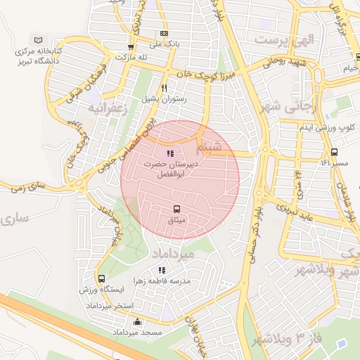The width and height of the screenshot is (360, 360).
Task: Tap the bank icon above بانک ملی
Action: click(164, 33)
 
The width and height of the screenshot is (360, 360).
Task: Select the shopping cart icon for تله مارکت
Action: click(130, 47)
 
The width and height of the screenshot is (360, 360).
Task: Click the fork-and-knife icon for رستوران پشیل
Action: click(164, 89)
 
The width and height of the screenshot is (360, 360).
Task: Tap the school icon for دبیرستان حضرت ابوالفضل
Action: click(169, 153)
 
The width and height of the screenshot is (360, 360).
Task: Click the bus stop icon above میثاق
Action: click(176, 209)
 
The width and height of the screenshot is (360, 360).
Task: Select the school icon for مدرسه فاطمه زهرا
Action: click(162, 270)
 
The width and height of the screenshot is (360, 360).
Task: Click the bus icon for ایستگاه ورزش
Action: click(102, 278)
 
